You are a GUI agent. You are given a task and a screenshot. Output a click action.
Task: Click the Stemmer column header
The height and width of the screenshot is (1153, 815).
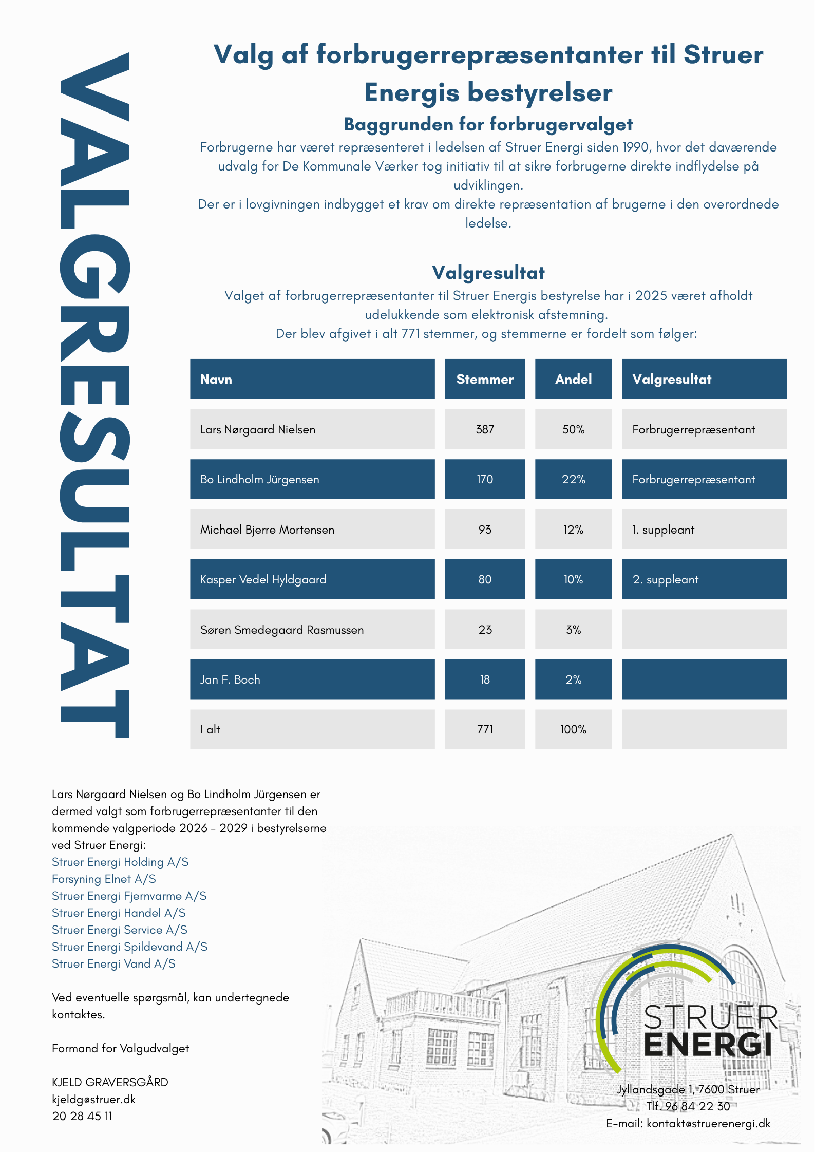point(484,379)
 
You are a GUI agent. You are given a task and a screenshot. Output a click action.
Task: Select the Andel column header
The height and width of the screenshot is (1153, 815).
point(573,379)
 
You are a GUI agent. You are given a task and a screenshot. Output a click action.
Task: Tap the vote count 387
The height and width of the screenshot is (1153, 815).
point(484,429)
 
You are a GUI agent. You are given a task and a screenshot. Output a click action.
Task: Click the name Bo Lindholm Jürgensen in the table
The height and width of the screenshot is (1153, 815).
point(259,479)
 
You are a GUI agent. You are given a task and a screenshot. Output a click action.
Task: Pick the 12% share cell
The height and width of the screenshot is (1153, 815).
point(573,530)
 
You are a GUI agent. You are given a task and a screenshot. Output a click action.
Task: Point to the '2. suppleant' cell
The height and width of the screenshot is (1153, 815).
point(665,579)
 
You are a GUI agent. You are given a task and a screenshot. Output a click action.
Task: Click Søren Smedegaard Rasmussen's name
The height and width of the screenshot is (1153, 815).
point(281,630)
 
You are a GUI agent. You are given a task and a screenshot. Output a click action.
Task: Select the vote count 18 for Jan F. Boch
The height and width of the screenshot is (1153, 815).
point(484,679)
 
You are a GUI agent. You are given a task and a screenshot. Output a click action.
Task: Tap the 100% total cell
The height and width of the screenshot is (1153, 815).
point(573,729)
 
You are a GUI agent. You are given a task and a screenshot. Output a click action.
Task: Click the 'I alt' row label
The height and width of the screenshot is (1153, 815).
point(210,729)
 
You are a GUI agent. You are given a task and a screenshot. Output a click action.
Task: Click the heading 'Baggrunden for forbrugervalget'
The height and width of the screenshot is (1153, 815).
point(488,124)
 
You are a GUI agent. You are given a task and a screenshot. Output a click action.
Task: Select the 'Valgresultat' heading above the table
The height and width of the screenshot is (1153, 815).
point(488,273)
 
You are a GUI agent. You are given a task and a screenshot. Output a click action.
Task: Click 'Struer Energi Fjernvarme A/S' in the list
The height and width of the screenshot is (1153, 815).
point(129,896)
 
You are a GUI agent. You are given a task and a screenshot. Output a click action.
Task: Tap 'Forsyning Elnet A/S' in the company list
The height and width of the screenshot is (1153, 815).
point(104,879)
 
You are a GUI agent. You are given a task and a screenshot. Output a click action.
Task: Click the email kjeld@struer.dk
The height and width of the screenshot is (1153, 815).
point(93,1099)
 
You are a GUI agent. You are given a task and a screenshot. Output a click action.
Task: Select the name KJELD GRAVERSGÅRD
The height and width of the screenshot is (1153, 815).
point(110,1082)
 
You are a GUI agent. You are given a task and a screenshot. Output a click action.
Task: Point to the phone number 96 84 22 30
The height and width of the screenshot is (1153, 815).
point(697,1106)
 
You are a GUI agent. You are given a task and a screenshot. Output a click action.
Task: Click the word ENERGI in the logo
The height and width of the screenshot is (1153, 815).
point(707,1045)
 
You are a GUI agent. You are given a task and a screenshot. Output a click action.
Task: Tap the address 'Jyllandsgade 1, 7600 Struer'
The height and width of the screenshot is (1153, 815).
point(688,1089)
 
